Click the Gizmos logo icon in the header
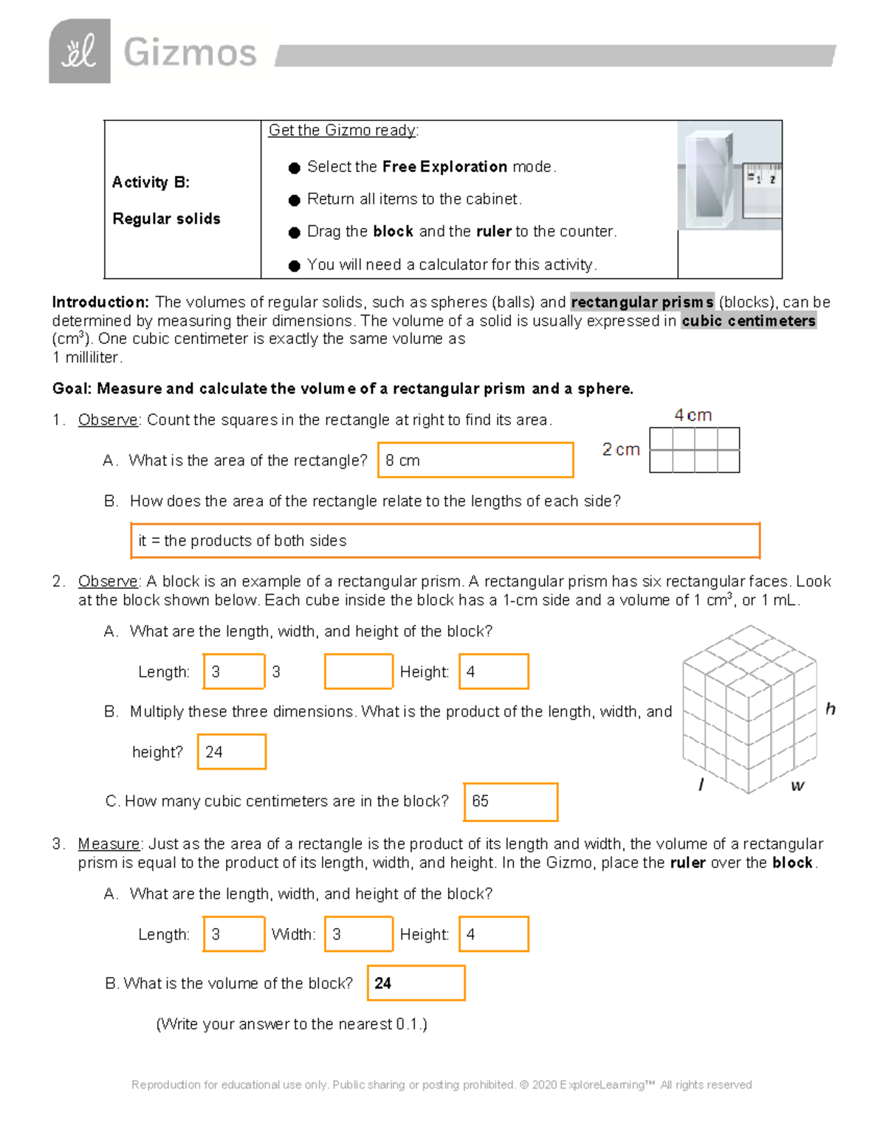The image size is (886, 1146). (x=80, y=51)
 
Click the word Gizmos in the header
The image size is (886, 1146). (x=190, y=53)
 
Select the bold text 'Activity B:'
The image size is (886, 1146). (x=151, y=182)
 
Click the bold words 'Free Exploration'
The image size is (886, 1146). (x=444, y=167)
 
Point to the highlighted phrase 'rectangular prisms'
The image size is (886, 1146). (x=642, y=302)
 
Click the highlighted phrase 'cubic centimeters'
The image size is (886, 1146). (x=748, y=321)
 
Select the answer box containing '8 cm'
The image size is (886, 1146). (x=475, y=460)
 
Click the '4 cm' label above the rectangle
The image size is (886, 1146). (x=693, y=415)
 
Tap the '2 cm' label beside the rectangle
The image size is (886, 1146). (x=620, y=449)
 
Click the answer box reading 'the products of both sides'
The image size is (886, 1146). (x=444, y=541)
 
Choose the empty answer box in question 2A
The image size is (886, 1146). (x=358, y=672)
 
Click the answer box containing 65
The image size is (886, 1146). (x=510, y=801)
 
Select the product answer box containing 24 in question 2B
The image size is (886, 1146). (x=231, y=751)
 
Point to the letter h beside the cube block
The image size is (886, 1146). (x=830, y=709)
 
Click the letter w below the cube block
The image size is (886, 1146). (x=797, y=786)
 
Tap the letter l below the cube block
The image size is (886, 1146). (x=701, y=784)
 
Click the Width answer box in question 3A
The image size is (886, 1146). (x=358, y=934)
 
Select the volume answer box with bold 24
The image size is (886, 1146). (x=416, y=983)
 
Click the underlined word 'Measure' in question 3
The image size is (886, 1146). (x=109, y=843)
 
